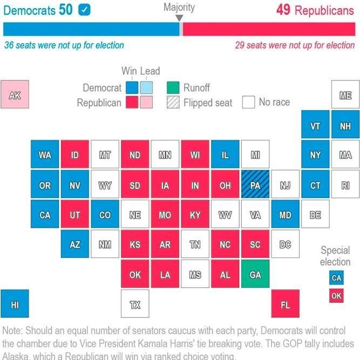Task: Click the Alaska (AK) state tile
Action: (x=15, y=95)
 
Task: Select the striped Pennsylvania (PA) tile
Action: (x=255, y=186)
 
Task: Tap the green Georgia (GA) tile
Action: (x=255, y=274)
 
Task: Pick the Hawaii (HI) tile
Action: (x=15, y=304)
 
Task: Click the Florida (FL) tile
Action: (x=285, y=304)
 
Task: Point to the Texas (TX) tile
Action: (x=135, y=304)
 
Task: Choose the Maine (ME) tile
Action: (x=345, y=95)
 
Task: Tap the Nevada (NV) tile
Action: (x=75, y=186)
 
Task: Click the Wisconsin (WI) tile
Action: (x=195, y=155)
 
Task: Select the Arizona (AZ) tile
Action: (x=75, y=245)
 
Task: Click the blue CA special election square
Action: (x=336, y=278)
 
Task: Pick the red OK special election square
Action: (x=336, y=296)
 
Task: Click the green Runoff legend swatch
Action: (x=173, y=87)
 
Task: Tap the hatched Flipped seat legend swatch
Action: (x=173, y=102)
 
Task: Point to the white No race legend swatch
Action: (x=248, y=102)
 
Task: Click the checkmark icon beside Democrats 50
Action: (x=84, y=10)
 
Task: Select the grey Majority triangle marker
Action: (x=180, y=18)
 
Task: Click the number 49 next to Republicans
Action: (x=283, y=10)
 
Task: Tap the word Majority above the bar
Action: (x=179, y=8)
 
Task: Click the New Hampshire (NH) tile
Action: (x=345, y=126)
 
